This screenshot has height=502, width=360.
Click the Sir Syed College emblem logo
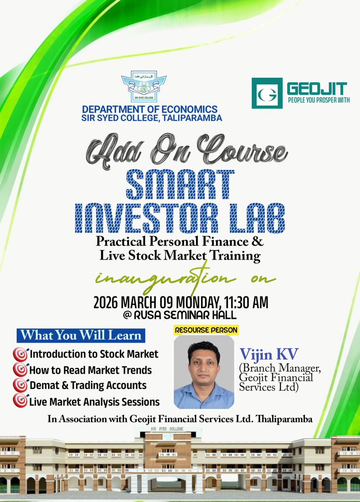(x=144, y=87)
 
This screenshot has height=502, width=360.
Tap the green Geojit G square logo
(x=267, y=93)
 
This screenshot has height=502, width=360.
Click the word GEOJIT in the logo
(x=317, y=89)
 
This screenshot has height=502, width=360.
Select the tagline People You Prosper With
(x=319, y=100)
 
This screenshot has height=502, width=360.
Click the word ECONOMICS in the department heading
(x=189, y=109)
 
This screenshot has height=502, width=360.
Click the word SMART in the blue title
(x=180, y=184)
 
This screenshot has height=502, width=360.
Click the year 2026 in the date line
(x=105, y=303)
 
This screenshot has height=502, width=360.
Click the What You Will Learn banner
(x=81, y=335)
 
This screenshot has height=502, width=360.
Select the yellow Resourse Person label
(x=206, y=330)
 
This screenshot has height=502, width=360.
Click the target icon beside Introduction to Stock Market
(x=21, y=354)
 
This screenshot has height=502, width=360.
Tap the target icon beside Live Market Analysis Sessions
(x=21, y=400)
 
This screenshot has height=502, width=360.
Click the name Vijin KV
(x=269, y=355)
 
